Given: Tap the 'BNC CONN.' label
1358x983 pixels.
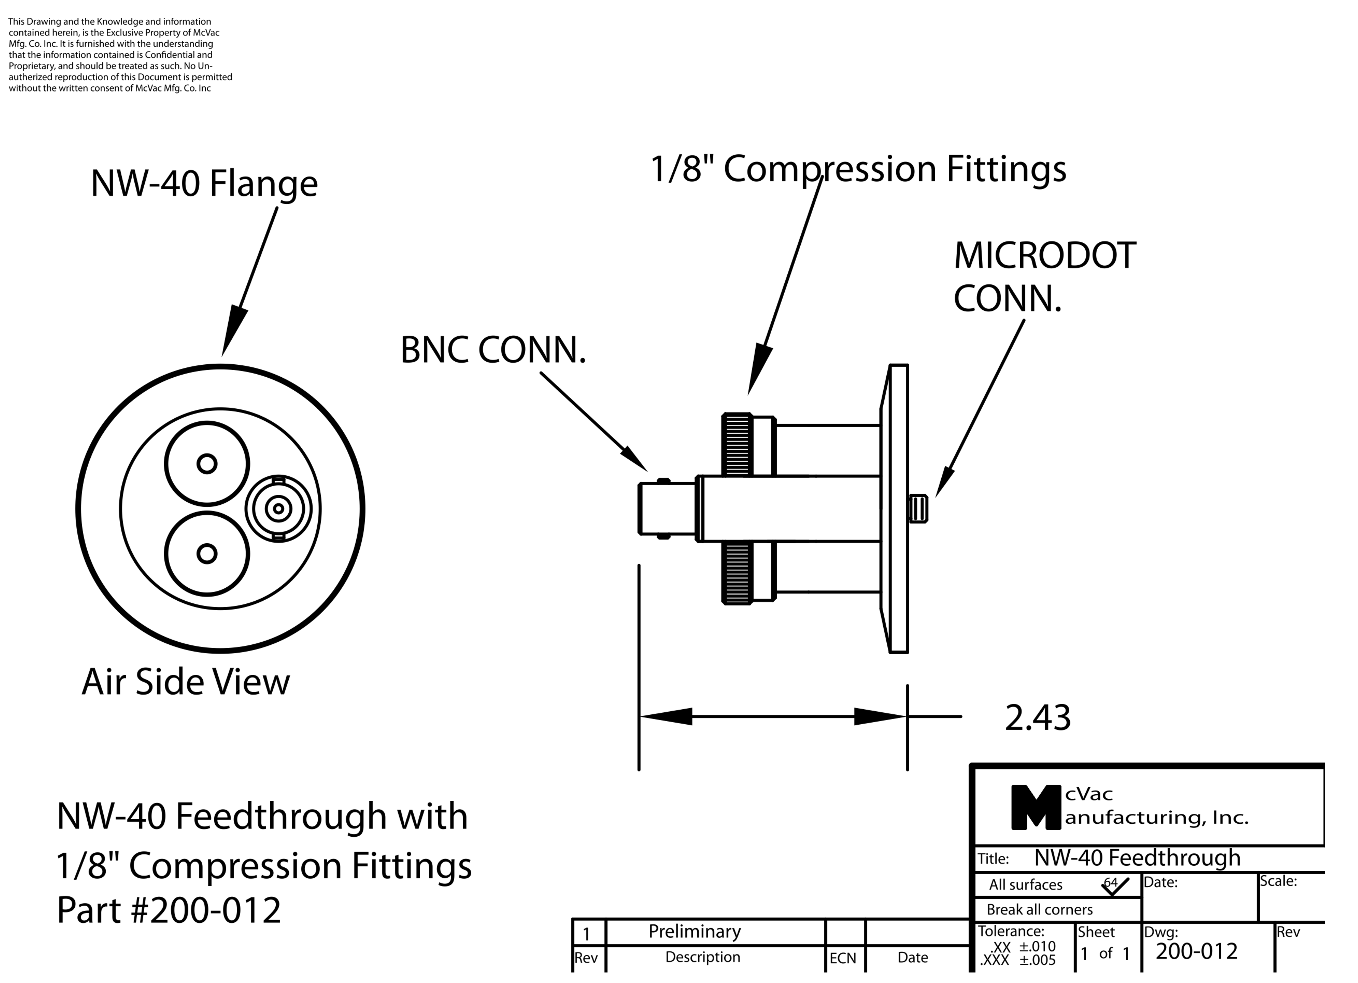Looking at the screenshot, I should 493,351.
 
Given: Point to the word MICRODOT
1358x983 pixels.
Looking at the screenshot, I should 1045,256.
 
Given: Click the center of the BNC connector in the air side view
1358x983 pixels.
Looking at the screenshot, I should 278,509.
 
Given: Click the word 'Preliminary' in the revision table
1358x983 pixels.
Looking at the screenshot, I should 694,932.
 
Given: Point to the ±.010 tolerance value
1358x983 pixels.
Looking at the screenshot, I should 1038,946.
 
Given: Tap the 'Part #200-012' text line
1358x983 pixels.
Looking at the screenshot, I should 169,911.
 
